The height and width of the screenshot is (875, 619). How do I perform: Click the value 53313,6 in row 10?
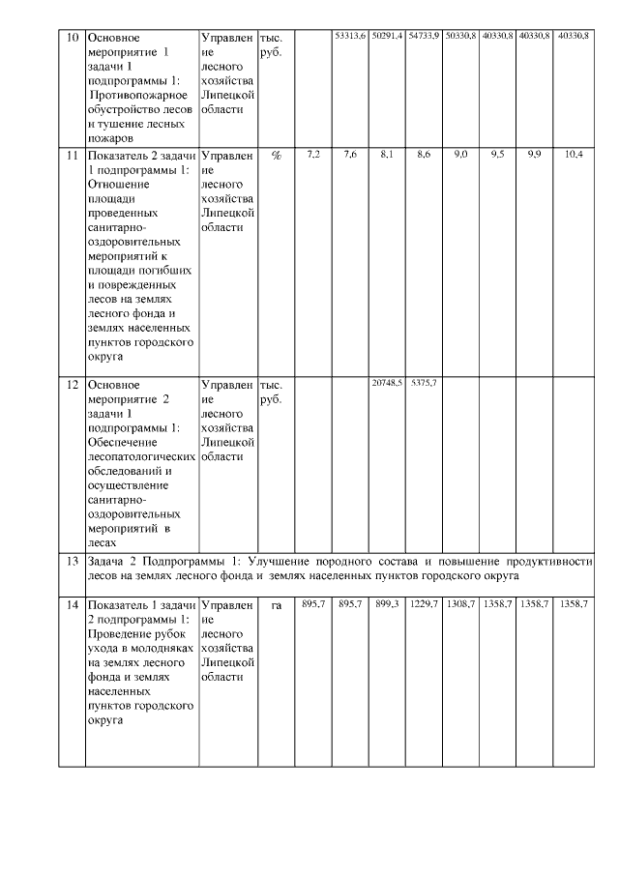pyautogui.click(x=349, y=36)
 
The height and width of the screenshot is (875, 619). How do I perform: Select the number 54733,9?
pyautogui.click(x=424, y=36)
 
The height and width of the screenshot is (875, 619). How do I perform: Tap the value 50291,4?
pyautogui.click(x=387, y=36)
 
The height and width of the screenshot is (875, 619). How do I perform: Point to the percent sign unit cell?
pyautogui.click(x=276, y=155)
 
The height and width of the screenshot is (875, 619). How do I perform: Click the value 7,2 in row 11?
pyautogui.click(x=312, y=155)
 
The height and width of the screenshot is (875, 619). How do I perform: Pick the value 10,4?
pyautogui.click(x=573, y=155)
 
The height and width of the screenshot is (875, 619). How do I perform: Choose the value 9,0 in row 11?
pyautogui.click(x=460, y=155)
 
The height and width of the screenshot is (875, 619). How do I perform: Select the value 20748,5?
pyautogui.click(x=387, y=384)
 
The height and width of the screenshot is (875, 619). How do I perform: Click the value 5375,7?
pyautogui.click(x=424, y=384)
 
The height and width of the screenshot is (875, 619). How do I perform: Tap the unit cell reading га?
pyautogui.click(x=276, y=604)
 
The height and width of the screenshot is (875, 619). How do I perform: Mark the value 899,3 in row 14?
pyautogui.click(x=387, y=603)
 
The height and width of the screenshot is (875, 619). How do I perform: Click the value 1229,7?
pyautogui.click(x=424, y=603)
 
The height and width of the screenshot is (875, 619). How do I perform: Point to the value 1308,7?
pyautogui.click(x=460, y=603)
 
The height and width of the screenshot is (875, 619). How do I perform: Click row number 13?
pyautogui.click(x=71, y=561)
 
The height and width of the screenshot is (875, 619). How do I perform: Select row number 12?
pyautogui.click(x=71, y=385)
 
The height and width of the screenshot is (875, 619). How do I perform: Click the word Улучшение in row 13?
pyautogui.click(x=281, y=561)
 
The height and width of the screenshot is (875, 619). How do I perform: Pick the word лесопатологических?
pyautogui.click(x=141, y=455)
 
